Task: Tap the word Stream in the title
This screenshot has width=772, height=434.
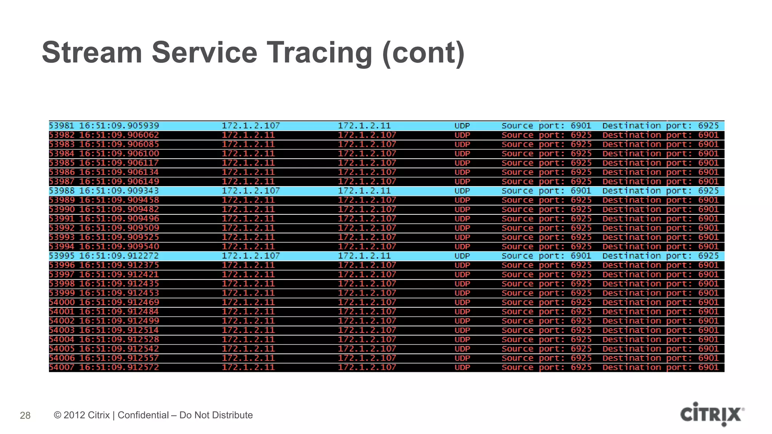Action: pyautogui.click(x=92, y=52)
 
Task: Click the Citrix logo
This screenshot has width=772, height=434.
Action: pyautogui.click(x=712, y=414)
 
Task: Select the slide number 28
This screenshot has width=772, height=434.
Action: pyautogui.click(x=25, y=415)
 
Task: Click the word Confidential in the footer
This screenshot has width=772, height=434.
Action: pyautogui.click(x=143, y=415)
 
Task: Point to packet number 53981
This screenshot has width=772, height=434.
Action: pyautogui.click(x=62, y=126)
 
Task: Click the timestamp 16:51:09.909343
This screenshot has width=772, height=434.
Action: pyautogui.click(x=119, y=191)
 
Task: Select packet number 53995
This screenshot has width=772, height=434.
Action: pyautogui.click(x=62, y=256)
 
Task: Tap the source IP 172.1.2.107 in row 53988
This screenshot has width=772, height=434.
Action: pyautogui.click(x=251, y=191)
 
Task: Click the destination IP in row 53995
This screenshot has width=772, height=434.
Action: pyautogui.click(x=364, y=256)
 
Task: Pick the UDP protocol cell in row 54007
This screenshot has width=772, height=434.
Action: pyautogui.click(x=462, y=367)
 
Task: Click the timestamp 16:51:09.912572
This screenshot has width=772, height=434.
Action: pyautogui.click(x=119, y=367)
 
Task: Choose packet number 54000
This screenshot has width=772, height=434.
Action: pyautogui.click(x=62, y=302)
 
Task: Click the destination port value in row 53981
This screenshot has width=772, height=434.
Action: pyautogui.click(x=708, y=126)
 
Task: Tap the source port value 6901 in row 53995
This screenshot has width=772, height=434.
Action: pyautogui.click(x=581, y=256)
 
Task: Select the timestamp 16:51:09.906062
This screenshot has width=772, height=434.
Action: pyautogui.click(x=119, y=135)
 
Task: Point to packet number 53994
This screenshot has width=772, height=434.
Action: pyautogui.click(x=62, y=246)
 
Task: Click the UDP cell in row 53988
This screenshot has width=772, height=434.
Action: pyautogui.click(x=462, y=191)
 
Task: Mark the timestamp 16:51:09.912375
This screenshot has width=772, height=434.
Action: pyautogui.click(x=119, y=265)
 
